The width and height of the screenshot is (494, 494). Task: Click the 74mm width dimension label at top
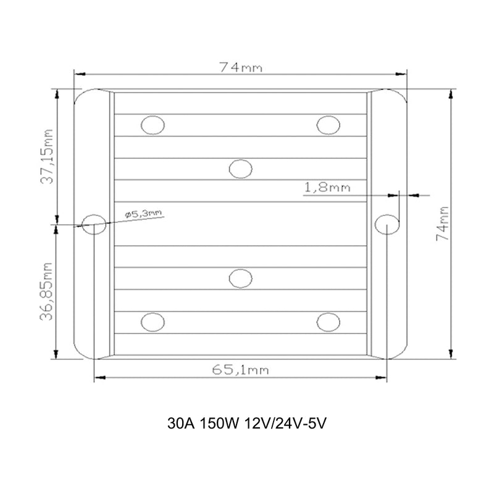(x=241, y=67)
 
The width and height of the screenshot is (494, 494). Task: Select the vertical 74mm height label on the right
(x=442, y=224)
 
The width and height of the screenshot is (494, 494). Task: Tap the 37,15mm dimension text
(x=47, y=157)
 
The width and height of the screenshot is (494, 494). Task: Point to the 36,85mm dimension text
(x=46, y=291)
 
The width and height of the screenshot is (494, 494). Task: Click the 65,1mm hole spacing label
(x=240, y=369)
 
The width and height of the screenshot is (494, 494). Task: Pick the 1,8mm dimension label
(x=327, y=188)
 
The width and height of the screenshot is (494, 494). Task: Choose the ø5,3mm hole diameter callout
(x=144, y=214)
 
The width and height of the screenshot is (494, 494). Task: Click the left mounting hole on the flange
(x=94, y=224)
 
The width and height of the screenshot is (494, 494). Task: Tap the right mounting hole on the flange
(x=387, y=224)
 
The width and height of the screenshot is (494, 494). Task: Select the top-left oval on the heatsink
(x=153, y=125)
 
